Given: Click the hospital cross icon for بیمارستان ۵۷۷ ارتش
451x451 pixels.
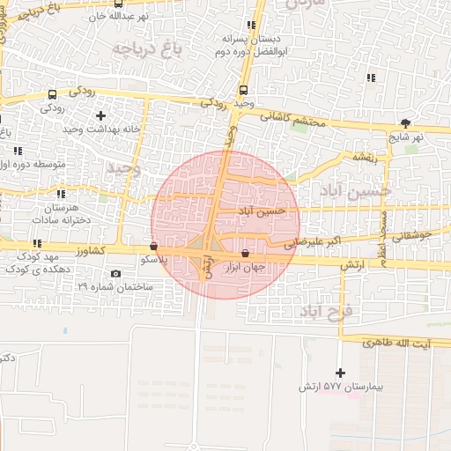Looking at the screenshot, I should pyautogui.click(x=340, y=373).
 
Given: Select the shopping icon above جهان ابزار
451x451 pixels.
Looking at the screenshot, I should pyautogui.click(x=244, y=254).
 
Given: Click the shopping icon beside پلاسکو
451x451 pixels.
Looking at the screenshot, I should pyautogui.click(x=155, y=248).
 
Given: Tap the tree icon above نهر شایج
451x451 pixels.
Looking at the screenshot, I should pyautogui.click(x=405, y=124).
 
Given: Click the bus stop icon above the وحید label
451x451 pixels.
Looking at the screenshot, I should pyautogui.click(x=243, y=91).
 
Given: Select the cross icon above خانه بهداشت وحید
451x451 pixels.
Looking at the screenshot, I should pyautogui.click(x=100, y=115).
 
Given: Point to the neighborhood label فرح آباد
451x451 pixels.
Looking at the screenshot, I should pyautogui.click(x=325, y=311).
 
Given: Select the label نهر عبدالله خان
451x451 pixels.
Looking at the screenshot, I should pyautogui.click(x=129, y=17).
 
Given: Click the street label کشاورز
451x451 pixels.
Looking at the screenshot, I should pyautogui.click(x=111, y=251).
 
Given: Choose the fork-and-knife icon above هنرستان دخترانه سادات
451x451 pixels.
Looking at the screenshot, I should pyautogui.click(x=60, y=194).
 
